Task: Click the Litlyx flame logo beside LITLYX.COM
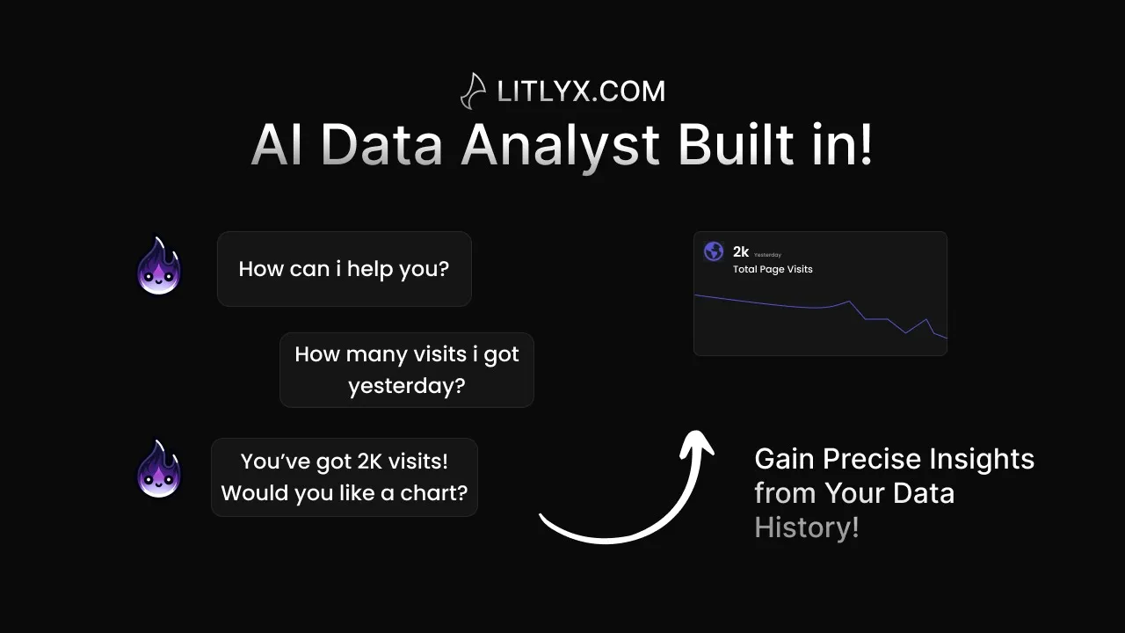coord(473,91)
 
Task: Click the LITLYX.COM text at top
coord(581,91)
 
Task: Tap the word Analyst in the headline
coord(560,147)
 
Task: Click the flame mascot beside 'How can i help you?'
coord(159,266)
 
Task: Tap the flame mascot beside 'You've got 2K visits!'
coord(159,469)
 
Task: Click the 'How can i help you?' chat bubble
coord(344,269)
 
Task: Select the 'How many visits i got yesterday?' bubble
coord(407,370)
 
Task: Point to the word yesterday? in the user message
coord(407,386)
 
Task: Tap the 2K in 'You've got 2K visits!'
coord(370,462)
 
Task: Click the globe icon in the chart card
coord(714,251)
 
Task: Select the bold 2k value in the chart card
coord(741,251)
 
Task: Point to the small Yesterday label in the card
coord(767,255)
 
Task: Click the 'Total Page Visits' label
coord(773,269)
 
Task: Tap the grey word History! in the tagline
coord(807,527)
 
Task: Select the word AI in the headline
coord(276,145)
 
